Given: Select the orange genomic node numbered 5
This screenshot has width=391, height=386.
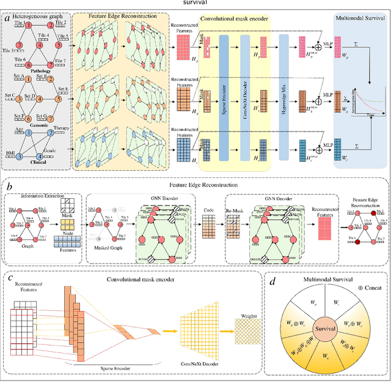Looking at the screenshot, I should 59,96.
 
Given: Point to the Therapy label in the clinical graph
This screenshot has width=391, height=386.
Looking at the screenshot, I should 60,129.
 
